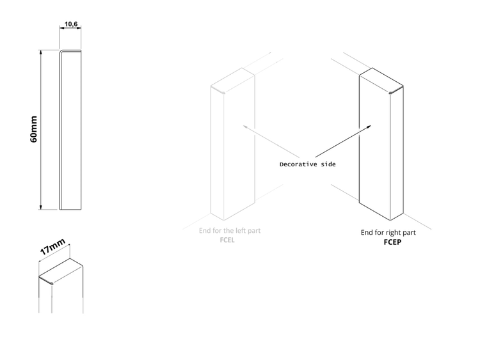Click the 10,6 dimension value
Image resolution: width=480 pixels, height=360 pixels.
pos(71,24)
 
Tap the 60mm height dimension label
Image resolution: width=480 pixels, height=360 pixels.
pos(34,129)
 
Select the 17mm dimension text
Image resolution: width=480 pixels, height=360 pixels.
pos(52,247)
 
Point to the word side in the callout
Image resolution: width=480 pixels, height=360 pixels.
pos(328,164)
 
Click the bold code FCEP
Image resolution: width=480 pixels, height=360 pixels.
pos(392,242)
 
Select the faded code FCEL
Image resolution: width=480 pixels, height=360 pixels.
pos(227,240)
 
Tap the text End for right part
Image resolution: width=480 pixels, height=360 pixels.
pos(388,233)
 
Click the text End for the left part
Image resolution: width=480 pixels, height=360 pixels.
pos(230,231)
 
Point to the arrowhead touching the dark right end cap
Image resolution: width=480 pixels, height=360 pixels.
pos(369,127)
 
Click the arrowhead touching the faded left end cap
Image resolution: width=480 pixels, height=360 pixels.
pos(245,127)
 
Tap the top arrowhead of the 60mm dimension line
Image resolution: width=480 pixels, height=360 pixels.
pos(40,52)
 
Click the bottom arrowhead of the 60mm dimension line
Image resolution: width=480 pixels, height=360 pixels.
pos(40,207)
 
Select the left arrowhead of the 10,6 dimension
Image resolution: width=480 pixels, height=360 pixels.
pos(62,28)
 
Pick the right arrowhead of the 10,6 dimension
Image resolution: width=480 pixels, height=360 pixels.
pos(79,28)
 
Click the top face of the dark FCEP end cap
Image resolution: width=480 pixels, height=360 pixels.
pos(381,80)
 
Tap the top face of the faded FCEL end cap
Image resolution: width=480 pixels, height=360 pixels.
pos(233,80)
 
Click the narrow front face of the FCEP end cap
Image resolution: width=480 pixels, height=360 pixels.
pos(396,153)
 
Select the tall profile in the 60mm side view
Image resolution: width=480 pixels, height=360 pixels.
pos(70,130)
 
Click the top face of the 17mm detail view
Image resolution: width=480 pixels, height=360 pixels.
pos(61,271)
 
